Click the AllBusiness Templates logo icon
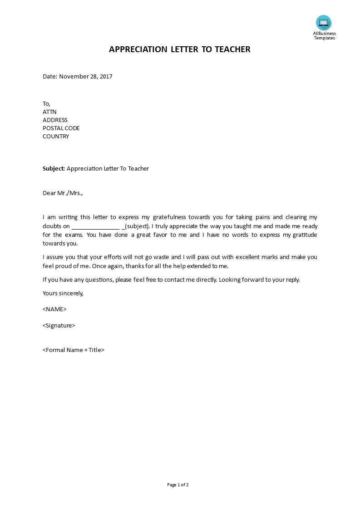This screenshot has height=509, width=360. click(x=324, y=23)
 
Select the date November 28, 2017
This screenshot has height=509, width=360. click(x=86, y=76)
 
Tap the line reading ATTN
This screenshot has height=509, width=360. click(x=49, y=112)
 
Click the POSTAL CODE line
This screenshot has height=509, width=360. click(x=61, y=128)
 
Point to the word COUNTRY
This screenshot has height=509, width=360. click(x=56, y=136)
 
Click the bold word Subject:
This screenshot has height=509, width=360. click(x=54, y=169)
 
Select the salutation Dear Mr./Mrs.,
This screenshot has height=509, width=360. click(x=63, y=193)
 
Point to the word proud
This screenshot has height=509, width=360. click(x=68, y=266)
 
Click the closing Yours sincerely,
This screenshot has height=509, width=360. click(x=63, y=293)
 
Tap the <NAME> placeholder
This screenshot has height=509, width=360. click(x=54, y=309)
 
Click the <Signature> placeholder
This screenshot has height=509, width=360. click(x=59, y=325)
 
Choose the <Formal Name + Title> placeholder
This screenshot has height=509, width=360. click(x=74, y=350)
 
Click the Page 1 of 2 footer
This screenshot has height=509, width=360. click(x=178, y=485)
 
